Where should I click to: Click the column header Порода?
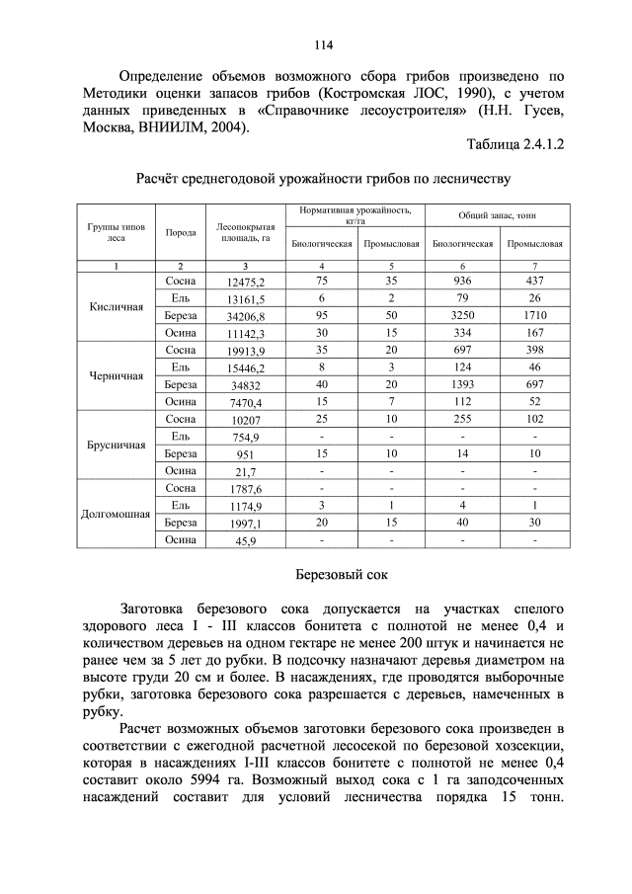coord(180,232)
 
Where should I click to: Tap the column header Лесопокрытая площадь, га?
coord(244,232)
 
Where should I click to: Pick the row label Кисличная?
coord(117,306)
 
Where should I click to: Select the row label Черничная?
coord(117,375)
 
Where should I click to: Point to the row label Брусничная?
coord(117,445)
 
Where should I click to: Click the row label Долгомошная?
coord(117,514)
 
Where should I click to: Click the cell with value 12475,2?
coord(245,283)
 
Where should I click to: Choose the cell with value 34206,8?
coord(245,317)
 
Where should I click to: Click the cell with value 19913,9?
coord(245,351)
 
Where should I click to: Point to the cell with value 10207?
coord(245,420)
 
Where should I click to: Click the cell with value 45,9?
coord(245,541)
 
